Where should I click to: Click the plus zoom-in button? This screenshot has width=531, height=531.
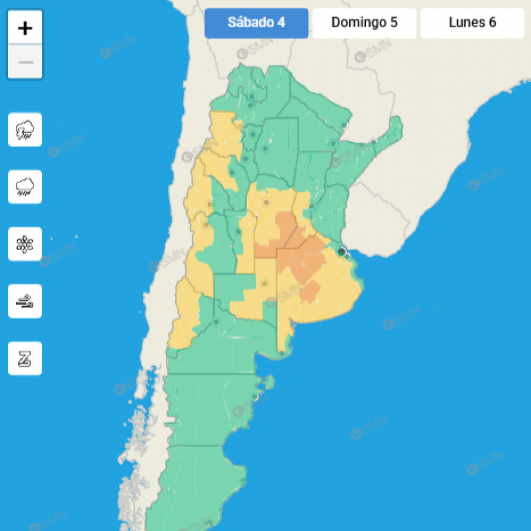[25, 28]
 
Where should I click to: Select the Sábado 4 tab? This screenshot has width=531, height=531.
[256, 23]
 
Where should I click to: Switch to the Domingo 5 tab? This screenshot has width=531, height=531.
[364, 23]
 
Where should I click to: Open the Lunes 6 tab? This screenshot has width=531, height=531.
[472, 23]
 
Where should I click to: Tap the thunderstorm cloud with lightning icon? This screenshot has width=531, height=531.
[25, 130]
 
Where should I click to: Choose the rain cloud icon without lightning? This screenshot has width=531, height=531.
[25, 186]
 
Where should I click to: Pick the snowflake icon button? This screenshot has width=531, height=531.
[25, 244]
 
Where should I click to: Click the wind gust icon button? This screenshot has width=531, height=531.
[25, 301]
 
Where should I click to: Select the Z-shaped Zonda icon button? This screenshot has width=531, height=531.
[25, 358]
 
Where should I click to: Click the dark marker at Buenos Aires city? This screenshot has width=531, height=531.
[341, 251]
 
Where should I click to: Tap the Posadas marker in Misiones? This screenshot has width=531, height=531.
[374, 143]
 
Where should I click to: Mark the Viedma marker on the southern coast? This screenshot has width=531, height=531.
[282, 354]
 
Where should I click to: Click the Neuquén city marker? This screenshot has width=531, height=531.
[216, 322]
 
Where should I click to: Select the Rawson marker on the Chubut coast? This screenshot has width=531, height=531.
[254, 397]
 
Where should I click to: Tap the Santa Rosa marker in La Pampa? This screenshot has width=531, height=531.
[265, 284]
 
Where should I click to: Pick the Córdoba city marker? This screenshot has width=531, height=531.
[266, 203]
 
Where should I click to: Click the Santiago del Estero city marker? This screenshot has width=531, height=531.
[265, 148]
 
